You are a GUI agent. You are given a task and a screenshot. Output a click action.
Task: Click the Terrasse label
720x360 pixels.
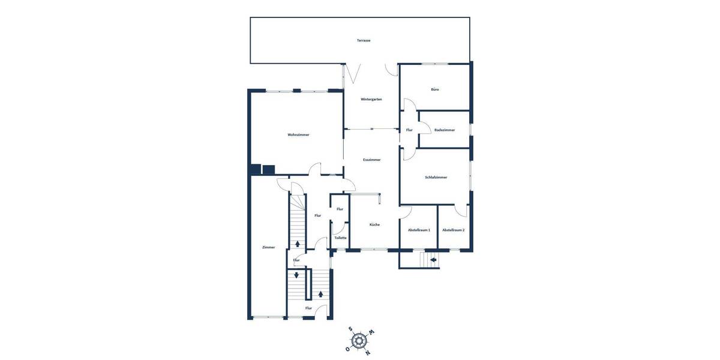point(363,40)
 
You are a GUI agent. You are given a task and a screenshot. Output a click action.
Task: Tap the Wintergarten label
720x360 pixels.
point(371,99)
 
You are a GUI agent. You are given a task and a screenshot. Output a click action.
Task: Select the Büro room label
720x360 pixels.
point(435,89)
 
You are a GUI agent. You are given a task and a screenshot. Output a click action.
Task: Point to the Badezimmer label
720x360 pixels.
point(445,130)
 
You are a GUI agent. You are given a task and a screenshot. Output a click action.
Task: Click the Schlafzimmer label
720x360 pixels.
point(436,177)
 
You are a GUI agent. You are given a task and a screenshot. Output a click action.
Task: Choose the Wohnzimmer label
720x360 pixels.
point(298,135)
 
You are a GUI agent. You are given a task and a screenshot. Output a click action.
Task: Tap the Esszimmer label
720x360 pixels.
point(372,160)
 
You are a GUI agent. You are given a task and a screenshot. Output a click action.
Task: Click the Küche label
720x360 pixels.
point(374,224)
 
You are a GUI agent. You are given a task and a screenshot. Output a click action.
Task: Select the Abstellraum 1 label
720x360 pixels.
point(419,230)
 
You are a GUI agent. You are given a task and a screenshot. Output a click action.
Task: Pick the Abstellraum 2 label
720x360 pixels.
point(454,230)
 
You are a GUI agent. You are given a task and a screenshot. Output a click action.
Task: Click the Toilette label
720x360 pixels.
point(340,238)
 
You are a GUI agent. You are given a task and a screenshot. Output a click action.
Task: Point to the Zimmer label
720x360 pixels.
point(269,247)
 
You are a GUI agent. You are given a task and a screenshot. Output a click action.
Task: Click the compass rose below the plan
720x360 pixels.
point(359,341)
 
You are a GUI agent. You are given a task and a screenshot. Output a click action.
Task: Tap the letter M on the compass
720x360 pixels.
point(371,332)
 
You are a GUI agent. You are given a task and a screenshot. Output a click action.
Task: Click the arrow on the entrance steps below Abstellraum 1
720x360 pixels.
point(434,260)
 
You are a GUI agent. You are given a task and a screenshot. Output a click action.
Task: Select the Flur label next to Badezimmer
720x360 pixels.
point(409,130)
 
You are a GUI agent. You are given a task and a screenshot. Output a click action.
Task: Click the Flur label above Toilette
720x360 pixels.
point(340,209)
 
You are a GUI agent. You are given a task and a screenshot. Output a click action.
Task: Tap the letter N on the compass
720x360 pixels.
point(368,352)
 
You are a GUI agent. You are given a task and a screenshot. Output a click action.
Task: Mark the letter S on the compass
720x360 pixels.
point(350,329)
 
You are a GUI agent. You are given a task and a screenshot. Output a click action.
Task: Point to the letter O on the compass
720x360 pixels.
point(347,349)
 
